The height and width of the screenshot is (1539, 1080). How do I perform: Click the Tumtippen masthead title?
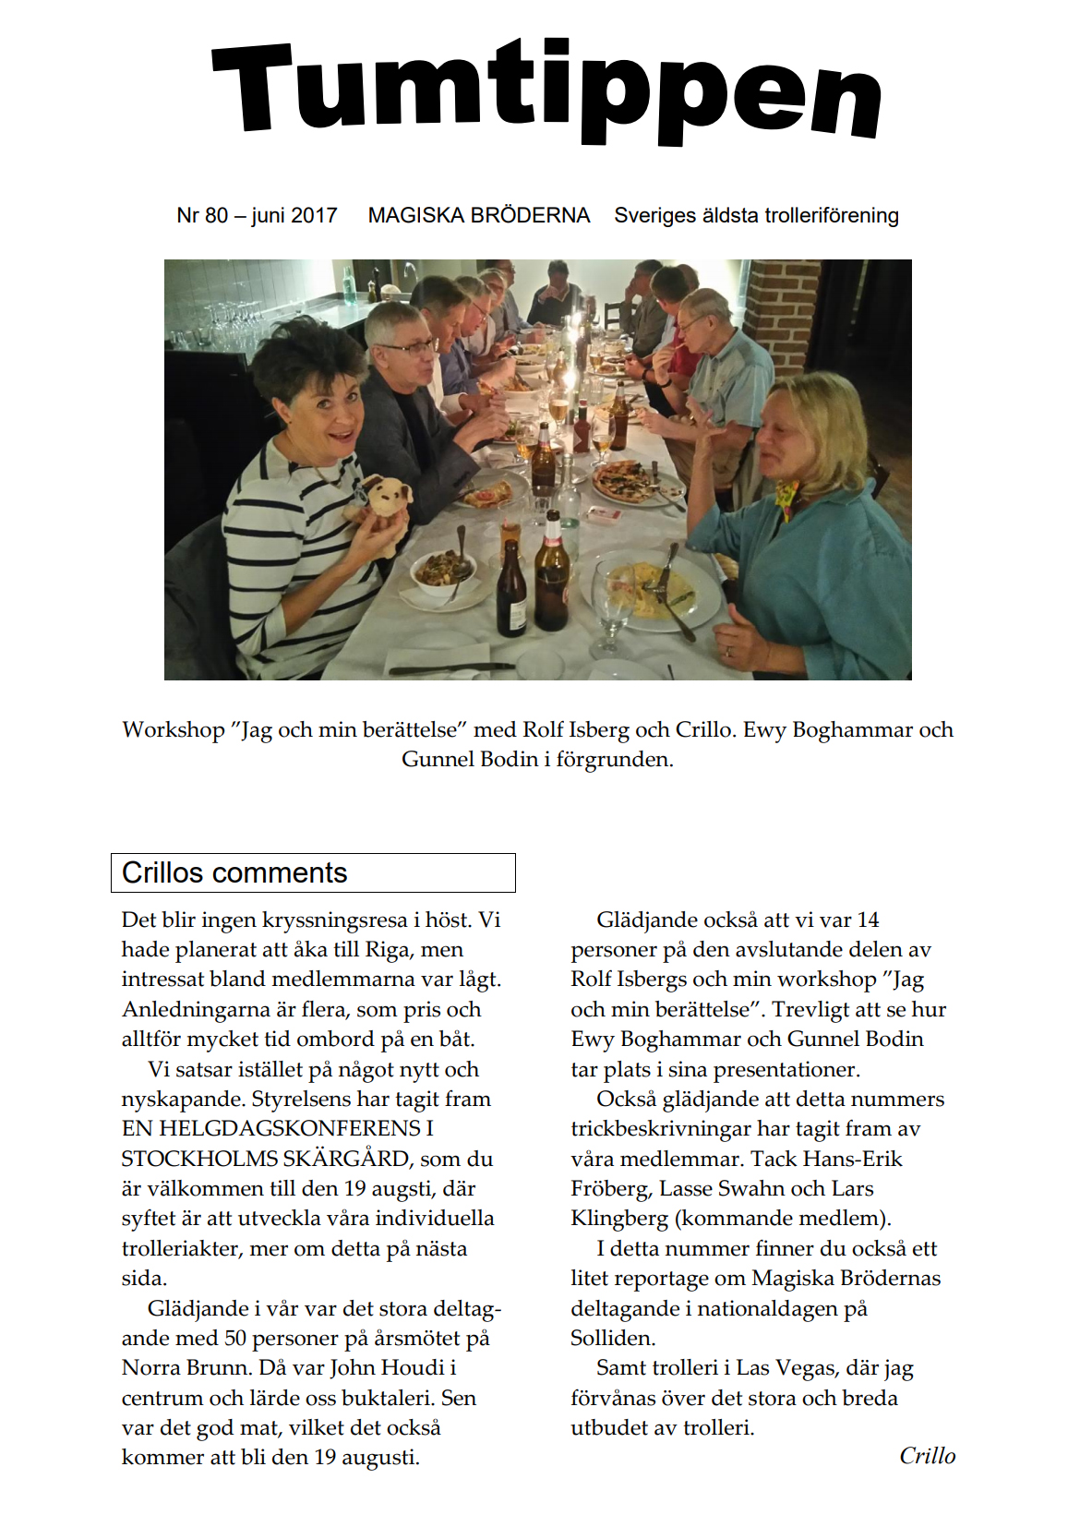(x=546, y=92)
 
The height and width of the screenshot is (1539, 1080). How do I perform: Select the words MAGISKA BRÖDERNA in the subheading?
(x=478, y=216)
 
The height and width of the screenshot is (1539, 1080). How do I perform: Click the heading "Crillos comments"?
(x=234, y=873)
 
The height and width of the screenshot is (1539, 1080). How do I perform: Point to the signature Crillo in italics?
(x=927, y=1456)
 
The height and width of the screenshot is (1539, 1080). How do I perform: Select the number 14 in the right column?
(x=868, y=920)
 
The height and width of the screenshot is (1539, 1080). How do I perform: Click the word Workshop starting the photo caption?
(x=174, y=730)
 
